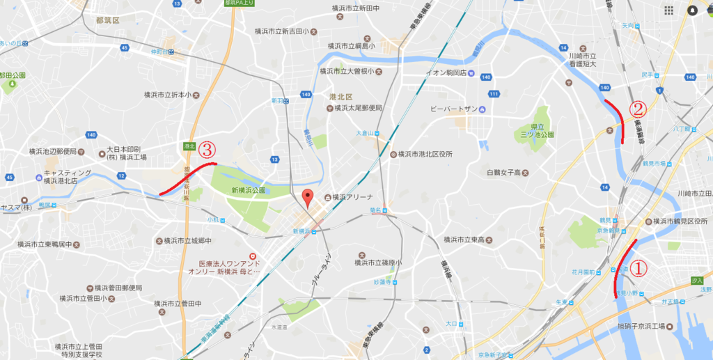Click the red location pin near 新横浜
click(306, 198)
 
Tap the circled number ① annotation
click(638, 267)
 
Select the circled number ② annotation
click(638, 109)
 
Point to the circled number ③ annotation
click(207, 149)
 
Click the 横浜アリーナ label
click(354, 196)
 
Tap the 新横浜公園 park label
click(249, 189)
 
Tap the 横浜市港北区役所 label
click(425, 154)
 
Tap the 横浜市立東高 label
click(469, 240)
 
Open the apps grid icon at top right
click(668, 10)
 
